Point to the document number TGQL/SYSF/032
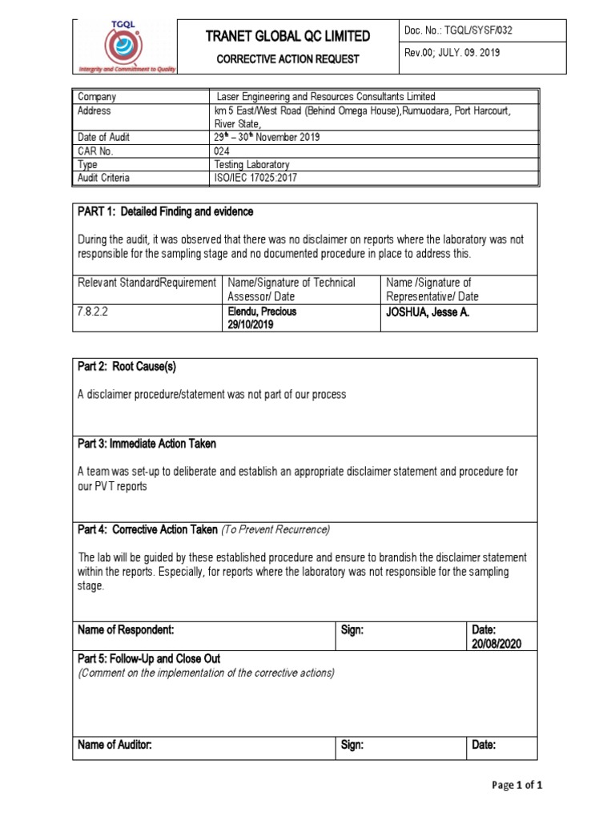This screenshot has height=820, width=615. tap(482, 31)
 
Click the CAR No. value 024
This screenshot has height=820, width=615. tap(222, 151)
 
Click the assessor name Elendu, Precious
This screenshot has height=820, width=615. tap(262, 312)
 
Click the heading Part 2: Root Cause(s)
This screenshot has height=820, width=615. tap(127, 367)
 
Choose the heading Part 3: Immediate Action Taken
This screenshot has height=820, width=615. tap(147, 444)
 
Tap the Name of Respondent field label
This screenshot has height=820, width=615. tap(126, 631)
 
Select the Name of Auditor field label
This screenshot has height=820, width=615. tap(115, 745)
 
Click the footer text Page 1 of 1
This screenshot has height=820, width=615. tap(517, 786)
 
